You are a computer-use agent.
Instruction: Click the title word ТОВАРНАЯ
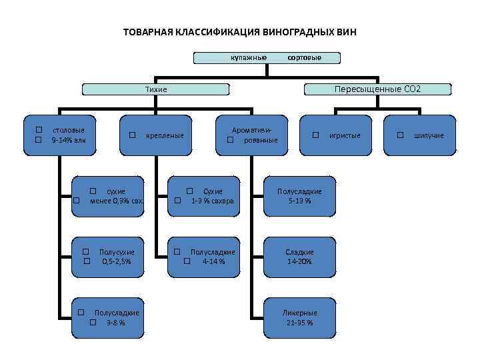[x=148, y=32]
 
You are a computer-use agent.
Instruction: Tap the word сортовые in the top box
[x=304, y=58]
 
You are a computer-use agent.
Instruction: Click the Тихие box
[x=156, y=89]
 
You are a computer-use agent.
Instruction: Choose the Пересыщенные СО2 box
[x=378, y=89]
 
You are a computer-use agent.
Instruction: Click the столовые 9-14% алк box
[x=65, y=135]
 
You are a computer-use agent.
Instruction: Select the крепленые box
[x=157, y=135]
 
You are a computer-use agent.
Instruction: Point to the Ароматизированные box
[x=252, y=135]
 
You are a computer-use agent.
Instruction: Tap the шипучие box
[x=421, y=135]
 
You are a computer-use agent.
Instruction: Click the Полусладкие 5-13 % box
[x=299, y=195]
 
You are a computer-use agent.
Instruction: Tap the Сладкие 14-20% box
[x=299, y=256]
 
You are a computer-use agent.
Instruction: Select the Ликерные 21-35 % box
[x=299, y=317]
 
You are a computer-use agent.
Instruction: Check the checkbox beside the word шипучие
[x=400, y=135]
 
